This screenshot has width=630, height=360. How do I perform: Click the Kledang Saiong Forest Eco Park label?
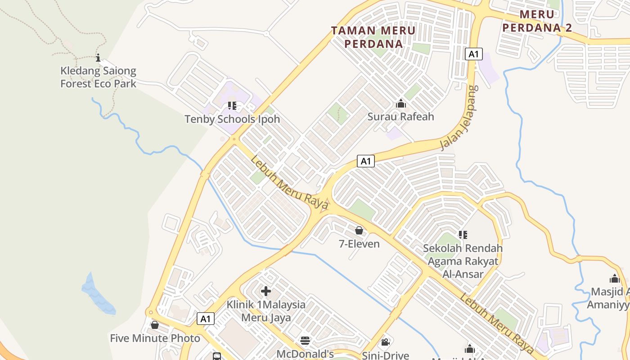tap(98, 77)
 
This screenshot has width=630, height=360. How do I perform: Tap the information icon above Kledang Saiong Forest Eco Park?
tap(98, 58)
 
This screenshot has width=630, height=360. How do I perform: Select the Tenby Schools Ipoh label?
tap(232, 119)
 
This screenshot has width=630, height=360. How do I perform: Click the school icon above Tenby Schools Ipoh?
tap(232, 106)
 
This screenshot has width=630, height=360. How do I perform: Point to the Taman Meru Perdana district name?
tap(373, 37)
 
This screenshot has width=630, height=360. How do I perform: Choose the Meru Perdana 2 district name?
tap(537, 21)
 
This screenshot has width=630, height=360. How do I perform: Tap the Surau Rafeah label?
tap(400, 117)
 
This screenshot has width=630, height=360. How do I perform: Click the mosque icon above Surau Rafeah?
tap(400, 104)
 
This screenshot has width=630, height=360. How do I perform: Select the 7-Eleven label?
tap(359, 244)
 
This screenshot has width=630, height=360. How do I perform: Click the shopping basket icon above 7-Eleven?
tap(359, 231)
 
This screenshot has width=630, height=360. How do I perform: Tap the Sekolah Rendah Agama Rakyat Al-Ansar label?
tap(463, 261)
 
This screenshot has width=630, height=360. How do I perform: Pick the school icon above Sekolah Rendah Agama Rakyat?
tap(463, 234)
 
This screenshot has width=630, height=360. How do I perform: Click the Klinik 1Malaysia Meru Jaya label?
tap(266, 311)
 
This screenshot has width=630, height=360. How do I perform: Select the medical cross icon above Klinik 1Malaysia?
tap(266, 291)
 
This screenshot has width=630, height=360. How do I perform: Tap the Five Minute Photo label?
tap(155, 338)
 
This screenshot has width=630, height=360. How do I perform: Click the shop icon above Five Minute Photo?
tap(155, 325)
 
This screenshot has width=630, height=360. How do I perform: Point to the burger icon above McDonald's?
tap(305, 341)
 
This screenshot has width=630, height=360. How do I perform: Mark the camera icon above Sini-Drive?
tap(385, 342)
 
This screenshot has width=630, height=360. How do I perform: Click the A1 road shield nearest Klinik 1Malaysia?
tap(205, 319)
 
